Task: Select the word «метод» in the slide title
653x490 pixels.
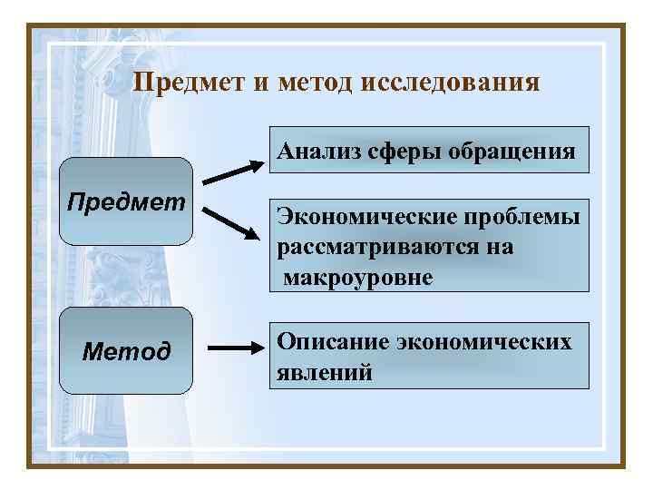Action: pos(314,83)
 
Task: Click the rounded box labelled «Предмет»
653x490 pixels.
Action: pos(127,201)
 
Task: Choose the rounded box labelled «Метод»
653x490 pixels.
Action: pos(127,350)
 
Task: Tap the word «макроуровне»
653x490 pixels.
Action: pos(357,276)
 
